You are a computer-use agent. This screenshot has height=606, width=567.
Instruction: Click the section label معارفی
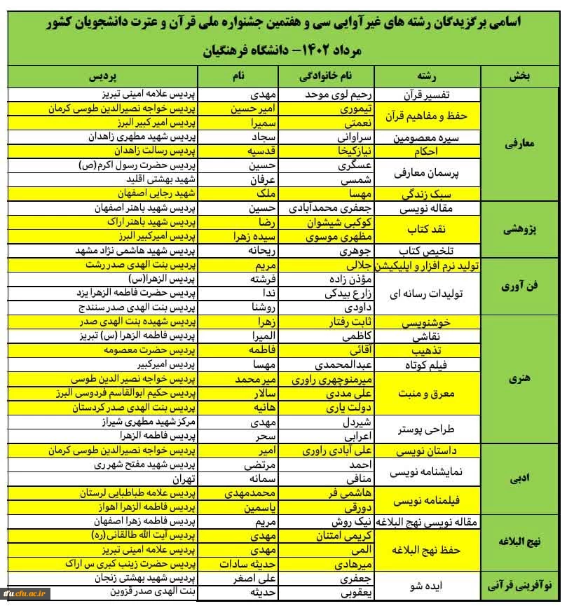click(519, 144)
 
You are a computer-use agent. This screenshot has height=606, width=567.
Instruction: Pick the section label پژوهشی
click(519, 229)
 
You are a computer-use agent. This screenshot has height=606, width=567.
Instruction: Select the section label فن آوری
click(519, 287)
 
